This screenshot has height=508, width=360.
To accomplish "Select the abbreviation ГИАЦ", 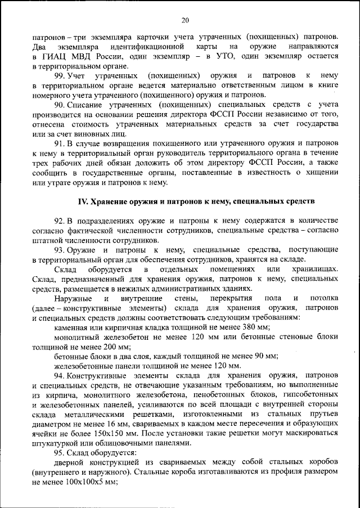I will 55,56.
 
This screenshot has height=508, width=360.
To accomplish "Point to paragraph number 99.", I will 59,75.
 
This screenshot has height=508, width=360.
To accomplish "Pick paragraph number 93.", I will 59,249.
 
